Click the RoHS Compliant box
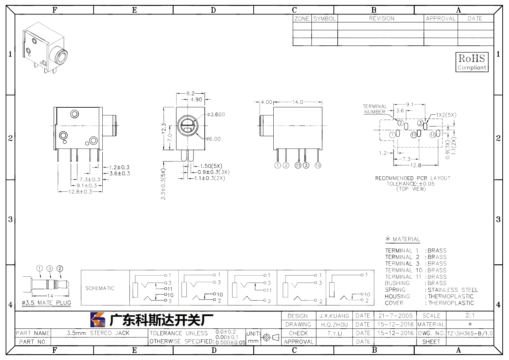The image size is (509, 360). click(472, 62)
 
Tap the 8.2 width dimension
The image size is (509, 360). click(190, 93)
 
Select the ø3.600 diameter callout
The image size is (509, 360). click(216, 114)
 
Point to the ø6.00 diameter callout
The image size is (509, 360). click(214, 139)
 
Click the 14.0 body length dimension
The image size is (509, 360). click(298, 102)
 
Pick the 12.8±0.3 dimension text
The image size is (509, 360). click(80, 192)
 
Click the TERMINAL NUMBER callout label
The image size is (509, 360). click(375, 109)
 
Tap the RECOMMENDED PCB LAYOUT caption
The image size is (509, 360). click(413, 178)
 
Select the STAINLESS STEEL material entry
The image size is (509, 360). click(453, 290)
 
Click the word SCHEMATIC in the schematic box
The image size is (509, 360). click(100, 288)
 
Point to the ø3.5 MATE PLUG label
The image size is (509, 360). click(46, 303)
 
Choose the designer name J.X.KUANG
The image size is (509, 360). click(334, 316)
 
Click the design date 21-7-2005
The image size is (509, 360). click(396, 316)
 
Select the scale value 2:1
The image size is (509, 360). click(470, 315)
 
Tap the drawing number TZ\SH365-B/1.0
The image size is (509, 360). click(470, 333)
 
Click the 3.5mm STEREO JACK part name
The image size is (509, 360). click(98, 333)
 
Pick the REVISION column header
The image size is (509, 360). click(382, 18)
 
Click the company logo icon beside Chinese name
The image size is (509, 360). click(98, 320)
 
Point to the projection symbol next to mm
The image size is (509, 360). click(271, 337)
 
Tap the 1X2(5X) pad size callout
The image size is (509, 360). click(446, 115)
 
